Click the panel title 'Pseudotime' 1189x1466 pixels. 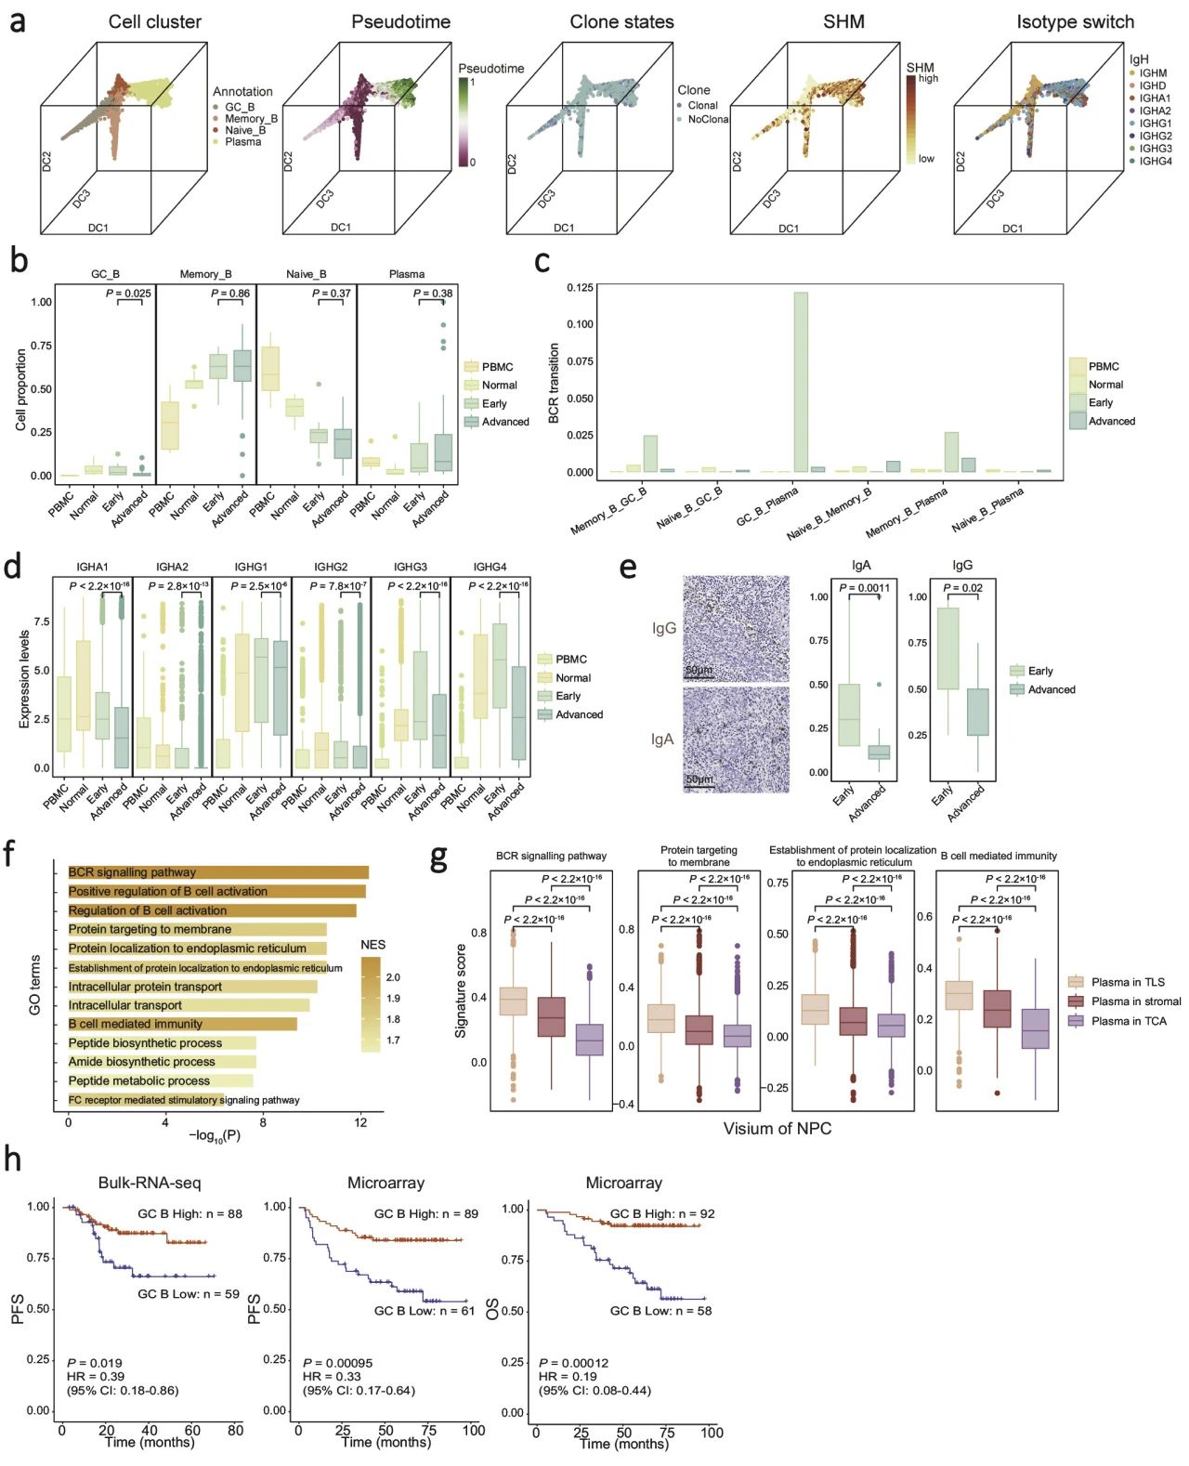[x=400, y=21]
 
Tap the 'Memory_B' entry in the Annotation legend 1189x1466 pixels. [x=251, y=119]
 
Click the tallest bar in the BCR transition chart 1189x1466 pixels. [x=800, y=382]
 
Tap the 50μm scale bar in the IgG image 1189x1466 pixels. [x=699, y=671]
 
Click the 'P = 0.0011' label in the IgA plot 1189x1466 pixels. [x=864, y=588]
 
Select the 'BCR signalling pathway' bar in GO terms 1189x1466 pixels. [x=218, y=872]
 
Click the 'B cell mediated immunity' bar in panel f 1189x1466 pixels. [x=182, y=1024]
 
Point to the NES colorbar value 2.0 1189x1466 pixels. [x=393, y=977]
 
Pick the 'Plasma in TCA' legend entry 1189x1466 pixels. [x=1129, y=1021]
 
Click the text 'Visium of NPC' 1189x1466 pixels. [x=777, y=1129]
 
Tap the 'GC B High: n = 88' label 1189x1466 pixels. [x=189, y=1213]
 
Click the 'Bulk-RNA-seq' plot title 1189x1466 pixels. [x=150, y=1183]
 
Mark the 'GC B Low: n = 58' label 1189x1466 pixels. [x=660, y=1311]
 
